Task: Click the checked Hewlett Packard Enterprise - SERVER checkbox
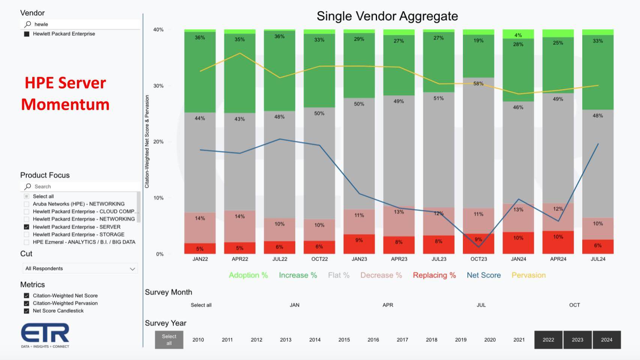coord(26,227)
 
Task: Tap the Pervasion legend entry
coord(528,275)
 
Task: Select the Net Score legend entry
coord(484,275)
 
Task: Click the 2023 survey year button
coord(577,340)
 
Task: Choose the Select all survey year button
coord(169,340)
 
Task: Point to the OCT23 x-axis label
coord(479,259)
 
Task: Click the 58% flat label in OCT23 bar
coord(478,84)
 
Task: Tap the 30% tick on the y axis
coord(159,86)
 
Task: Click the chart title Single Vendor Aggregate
coord(387,16)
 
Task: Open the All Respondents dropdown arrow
coord(132,269)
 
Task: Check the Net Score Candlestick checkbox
coord(26,311)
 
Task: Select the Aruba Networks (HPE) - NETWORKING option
coord(78,204)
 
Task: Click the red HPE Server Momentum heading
coord(65,93)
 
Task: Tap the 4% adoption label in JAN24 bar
coord(518,35)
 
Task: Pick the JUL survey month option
coord(481,305)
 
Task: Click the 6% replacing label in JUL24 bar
coord(598,246)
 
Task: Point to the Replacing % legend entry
coord(434,275)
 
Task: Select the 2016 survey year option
coord(373,340)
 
